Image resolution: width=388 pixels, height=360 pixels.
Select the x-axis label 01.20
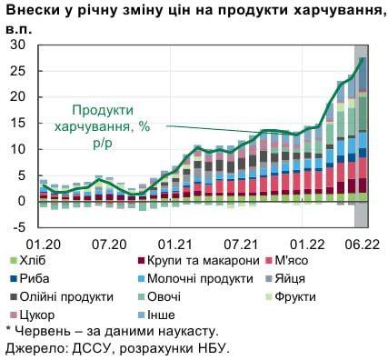point(42,244)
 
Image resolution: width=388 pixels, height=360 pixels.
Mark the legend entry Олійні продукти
point(67,296)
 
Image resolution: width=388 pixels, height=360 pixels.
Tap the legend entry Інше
point(160,315)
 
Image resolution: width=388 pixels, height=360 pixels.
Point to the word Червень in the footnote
point(45,332)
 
